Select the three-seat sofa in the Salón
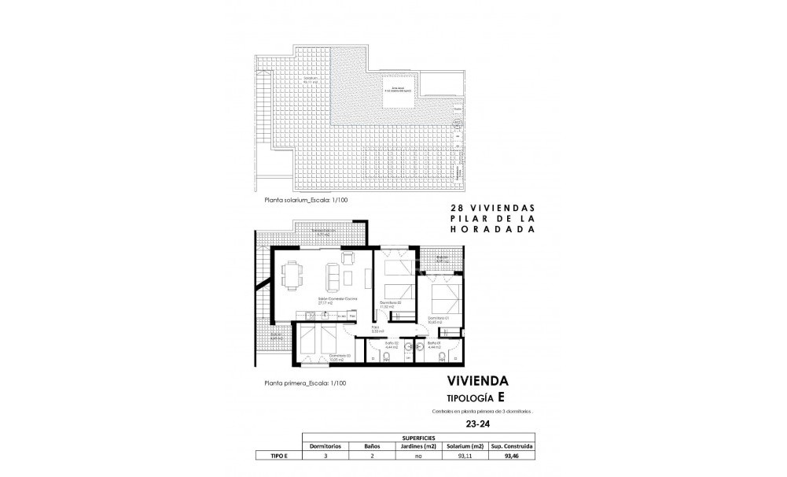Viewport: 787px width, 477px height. (x=332, y=276)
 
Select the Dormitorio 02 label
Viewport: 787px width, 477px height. (x=391, y=303)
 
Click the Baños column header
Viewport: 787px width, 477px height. (x=372, y=445)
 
